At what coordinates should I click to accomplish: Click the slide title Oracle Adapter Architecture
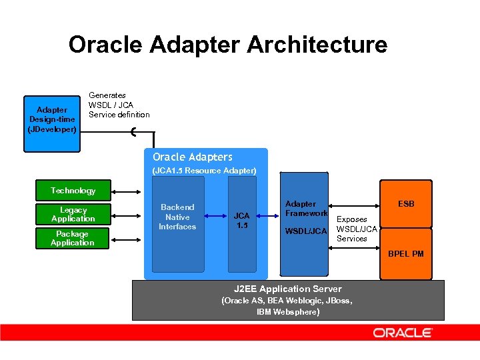coord(227,45)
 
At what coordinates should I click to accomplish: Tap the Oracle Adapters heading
coord(193,157)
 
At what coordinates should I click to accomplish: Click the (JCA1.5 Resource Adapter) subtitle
coord(204,171)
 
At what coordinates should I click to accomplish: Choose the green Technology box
coord(73,191)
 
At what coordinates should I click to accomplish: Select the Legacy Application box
coord(73,215)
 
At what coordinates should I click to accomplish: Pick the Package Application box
coord(73,238)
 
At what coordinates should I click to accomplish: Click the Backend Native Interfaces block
coord(177,217)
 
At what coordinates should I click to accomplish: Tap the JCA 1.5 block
coord(241,220)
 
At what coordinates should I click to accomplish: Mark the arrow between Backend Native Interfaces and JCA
coord(216,216)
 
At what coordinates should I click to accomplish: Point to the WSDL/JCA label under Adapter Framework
coord(306,231)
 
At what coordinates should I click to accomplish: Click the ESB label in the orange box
coord(406,204)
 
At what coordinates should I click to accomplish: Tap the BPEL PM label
coord(406,254)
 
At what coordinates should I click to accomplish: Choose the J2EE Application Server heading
coord(287,289)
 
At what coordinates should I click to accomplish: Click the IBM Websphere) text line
coord(287,311)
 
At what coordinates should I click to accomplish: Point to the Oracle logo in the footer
coord(403,333)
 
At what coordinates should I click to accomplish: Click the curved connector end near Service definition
coord(135,131)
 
